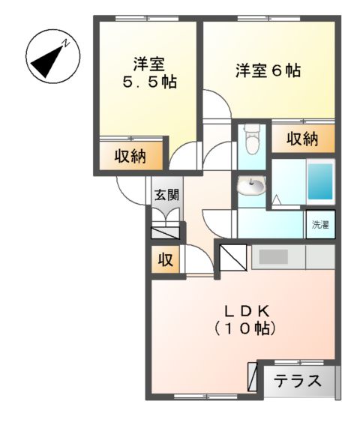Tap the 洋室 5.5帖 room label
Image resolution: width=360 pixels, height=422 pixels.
[150, 73]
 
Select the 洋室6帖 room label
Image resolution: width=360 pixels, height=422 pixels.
[268, 72]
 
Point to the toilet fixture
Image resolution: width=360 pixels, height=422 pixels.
[251, 138]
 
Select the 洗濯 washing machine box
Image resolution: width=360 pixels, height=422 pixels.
[320, 224]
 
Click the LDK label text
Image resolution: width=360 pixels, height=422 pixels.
[244, 310]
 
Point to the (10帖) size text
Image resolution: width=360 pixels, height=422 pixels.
[244, 328]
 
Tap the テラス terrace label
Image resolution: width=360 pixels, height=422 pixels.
[297, 380]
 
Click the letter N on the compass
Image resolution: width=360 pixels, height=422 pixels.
[65, 43]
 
